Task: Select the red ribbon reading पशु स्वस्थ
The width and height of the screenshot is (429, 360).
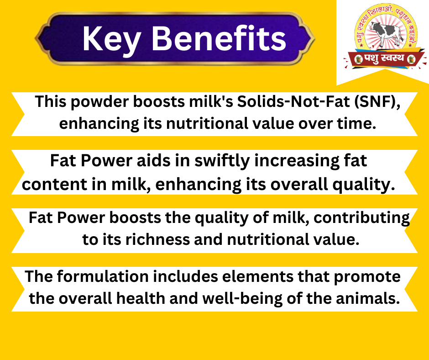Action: [384, 58]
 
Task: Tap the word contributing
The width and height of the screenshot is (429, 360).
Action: [361, 218]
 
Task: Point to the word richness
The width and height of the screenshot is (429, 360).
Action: [157, 239]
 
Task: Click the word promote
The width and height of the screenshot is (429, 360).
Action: [367, 277]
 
